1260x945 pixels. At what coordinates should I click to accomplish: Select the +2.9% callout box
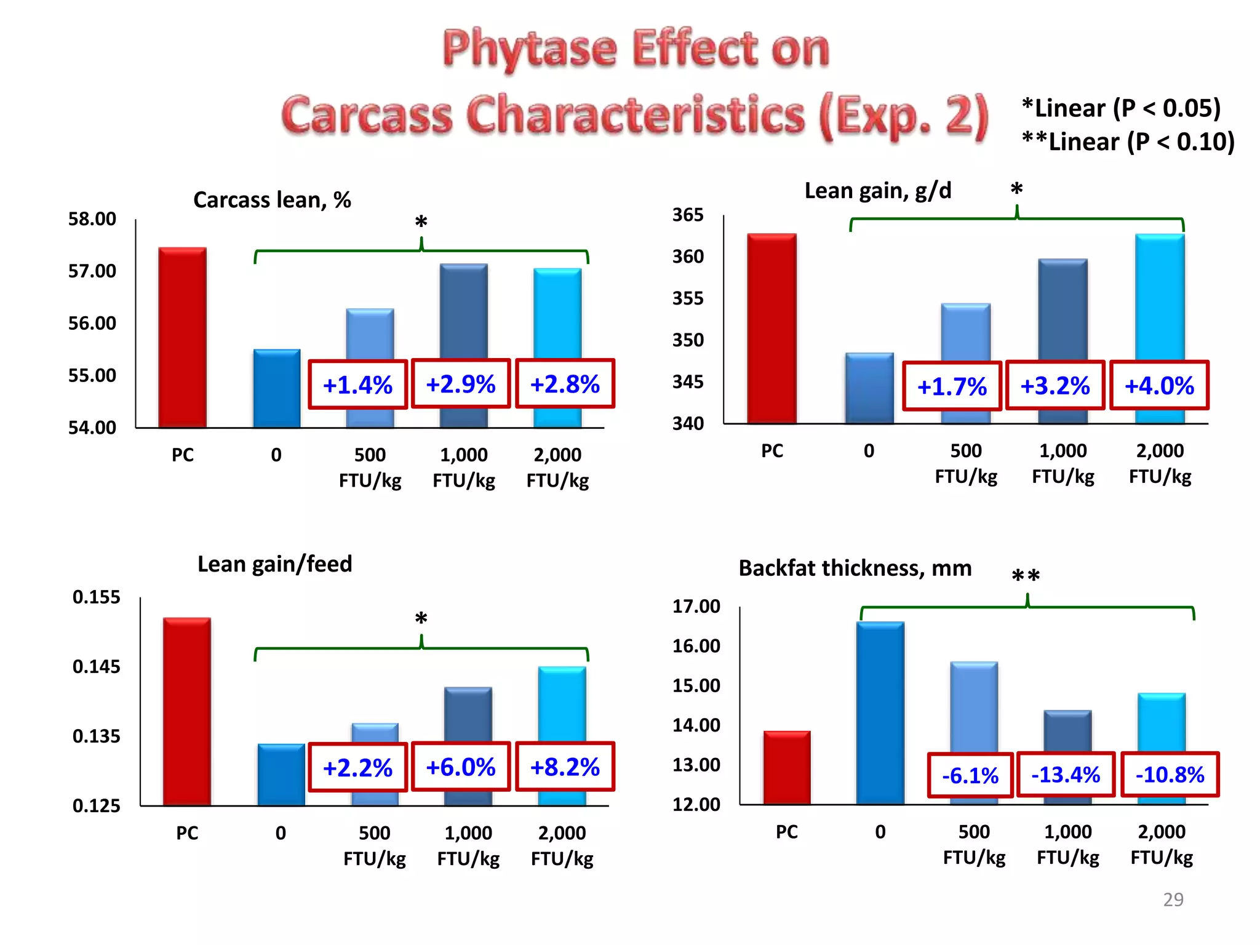(x=461, y=384)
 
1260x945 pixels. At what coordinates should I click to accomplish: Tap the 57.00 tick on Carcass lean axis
(x=92, y=271)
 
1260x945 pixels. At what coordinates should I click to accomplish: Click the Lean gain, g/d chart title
(x=878, y=191)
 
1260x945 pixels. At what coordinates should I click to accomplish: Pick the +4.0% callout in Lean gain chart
(x=1159, y=386)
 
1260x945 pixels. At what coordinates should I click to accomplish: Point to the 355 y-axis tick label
(x=688, y=298)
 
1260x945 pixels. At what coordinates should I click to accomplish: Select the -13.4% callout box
(x=1066, y=775)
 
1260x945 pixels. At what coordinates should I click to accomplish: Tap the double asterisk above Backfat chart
(x=1026, y=576)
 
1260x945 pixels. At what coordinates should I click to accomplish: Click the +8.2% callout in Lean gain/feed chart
(x=565, y=767)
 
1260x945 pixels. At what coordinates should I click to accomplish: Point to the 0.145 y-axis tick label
(x=97, y=666)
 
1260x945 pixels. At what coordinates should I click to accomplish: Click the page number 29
(x=1173, y=899)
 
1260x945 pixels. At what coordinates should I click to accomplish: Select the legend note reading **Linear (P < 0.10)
(x=1128, y=142)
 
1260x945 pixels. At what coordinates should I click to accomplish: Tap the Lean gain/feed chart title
(x=274, y=564)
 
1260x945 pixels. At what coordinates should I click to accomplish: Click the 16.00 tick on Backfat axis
(x=696, y=646)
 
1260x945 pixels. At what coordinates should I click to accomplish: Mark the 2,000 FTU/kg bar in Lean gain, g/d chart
(x=1160, y=295)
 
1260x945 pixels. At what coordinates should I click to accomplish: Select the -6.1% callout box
(x=970, y=775)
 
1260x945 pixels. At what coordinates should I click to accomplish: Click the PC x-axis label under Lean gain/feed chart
(x=187, y=833)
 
